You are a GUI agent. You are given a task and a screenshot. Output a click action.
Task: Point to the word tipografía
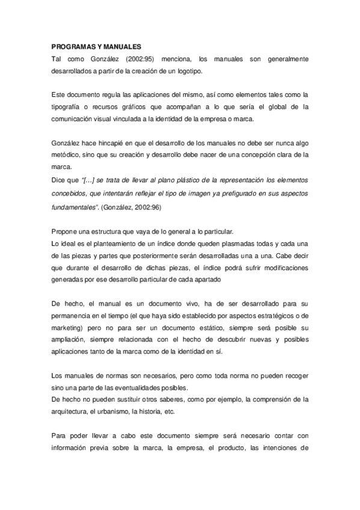68,107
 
